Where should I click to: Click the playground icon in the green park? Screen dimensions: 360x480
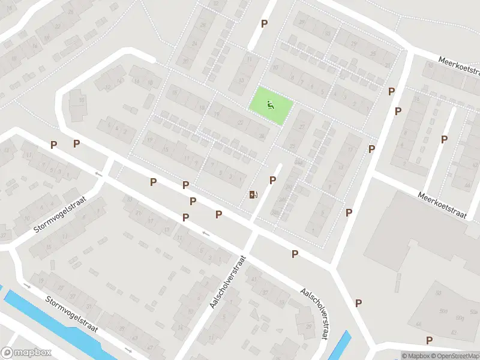[x=271, y=106]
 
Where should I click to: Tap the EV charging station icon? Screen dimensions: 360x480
[x=253, y=194]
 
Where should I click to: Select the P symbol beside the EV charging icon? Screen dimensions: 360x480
[x=272, y=180]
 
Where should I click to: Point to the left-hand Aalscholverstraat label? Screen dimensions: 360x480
[x=220, y=282]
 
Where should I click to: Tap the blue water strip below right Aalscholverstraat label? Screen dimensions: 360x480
[x=339, y=346]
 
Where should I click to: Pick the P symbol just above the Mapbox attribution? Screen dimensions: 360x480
[x=429, y=340]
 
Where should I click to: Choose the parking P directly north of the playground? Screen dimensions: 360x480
[x=264, y=24]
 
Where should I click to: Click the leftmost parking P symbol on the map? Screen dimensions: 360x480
[x=54, y=145]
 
